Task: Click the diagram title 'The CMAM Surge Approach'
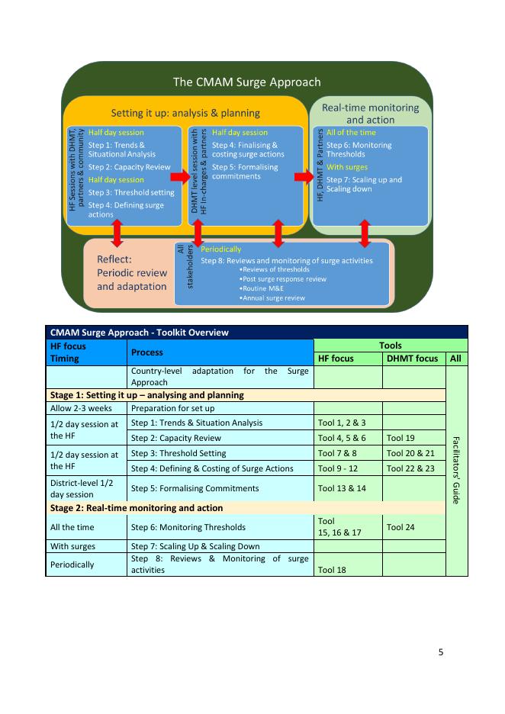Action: click(246, 82)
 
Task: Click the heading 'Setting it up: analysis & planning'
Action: click(186, 113)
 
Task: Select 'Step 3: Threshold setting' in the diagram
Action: click(130, 193)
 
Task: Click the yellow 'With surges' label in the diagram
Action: click(346, 167)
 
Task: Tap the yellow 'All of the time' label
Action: click(351, 133)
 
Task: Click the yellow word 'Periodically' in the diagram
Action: click(220, 249)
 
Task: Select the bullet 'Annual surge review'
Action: click(272, 297)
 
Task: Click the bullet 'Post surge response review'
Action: click(282, 279)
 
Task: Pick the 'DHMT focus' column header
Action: click(413, 359)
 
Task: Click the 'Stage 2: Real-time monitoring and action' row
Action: click(137, 508)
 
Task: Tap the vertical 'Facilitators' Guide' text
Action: click(456, 471)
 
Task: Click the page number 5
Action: click(440, 652)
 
